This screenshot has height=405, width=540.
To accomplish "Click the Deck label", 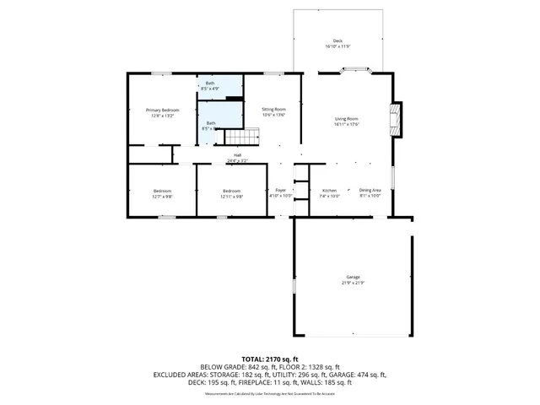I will point(337,40).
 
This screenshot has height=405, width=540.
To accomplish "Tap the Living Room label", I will point(347,119).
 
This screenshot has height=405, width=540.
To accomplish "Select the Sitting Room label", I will point(273,109).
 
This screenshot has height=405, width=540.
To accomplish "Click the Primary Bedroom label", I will point(162,110).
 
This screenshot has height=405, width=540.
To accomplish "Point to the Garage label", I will point(353,277).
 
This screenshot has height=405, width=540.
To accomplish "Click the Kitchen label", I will point(330,191).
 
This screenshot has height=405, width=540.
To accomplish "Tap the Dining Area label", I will point(370,191).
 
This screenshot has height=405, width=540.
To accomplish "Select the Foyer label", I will point(280,191).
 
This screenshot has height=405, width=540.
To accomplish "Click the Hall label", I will point(238,155).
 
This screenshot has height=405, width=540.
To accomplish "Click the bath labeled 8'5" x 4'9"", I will point(211,85).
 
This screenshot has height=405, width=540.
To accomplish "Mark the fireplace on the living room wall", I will point(396,120).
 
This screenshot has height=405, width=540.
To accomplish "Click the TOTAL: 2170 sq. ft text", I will point(270,359).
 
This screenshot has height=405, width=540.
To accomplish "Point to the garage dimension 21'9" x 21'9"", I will point(353,282).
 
